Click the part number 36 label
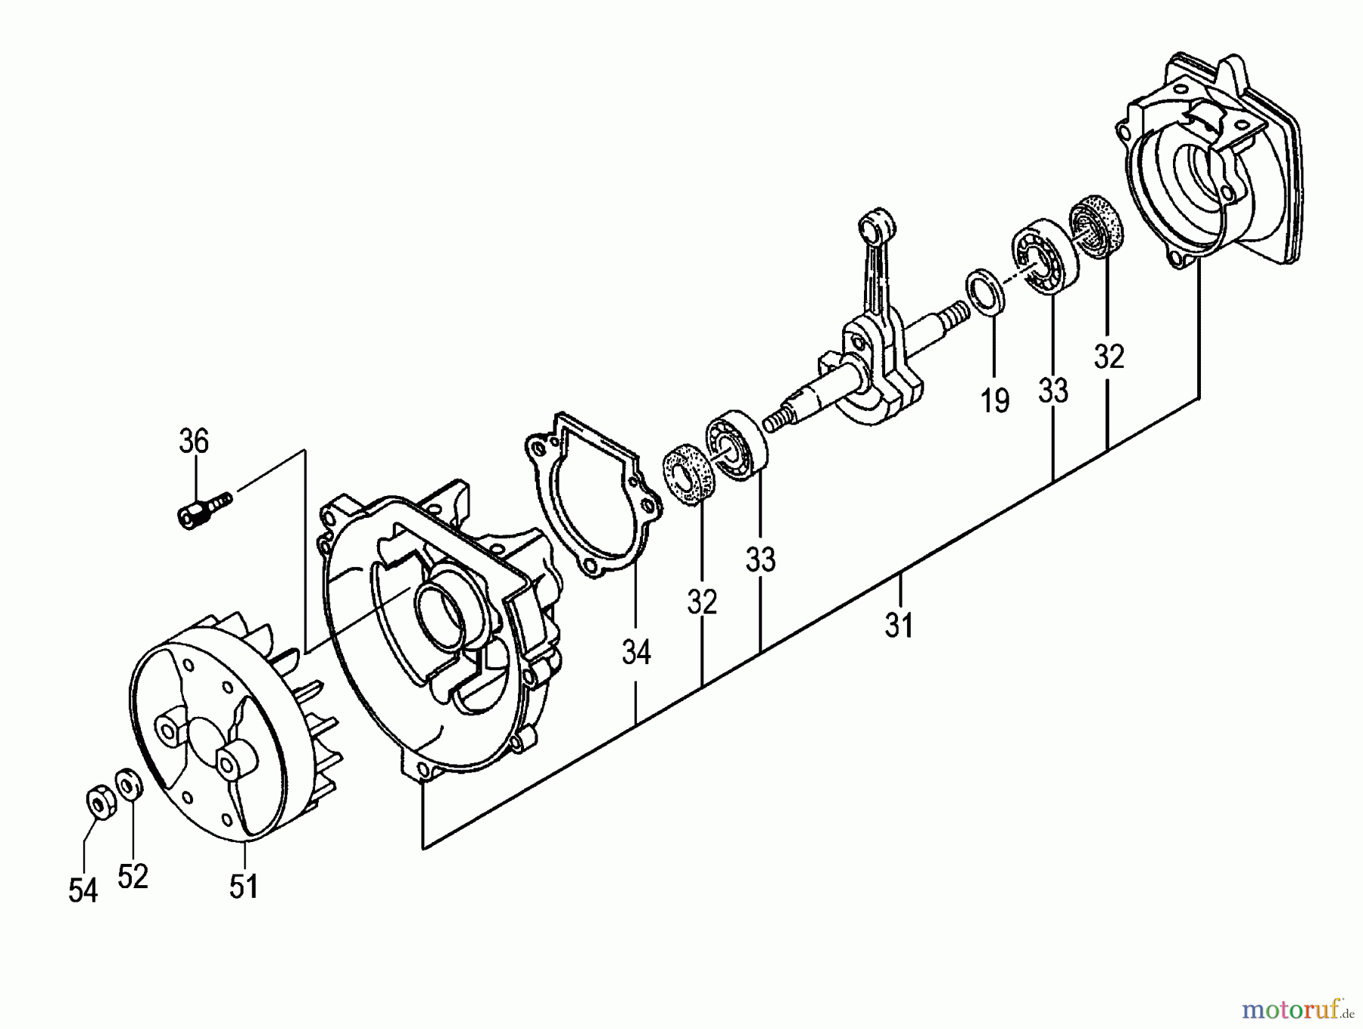pos(194,441)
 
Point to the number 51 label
pos(244,886)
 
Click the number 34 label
pos(636,652)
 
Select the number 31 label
pos(899,625)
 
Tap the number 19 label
pos(995,401)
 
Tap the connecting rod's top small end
pos(877,225)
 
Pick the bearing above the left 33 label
pos(736,445)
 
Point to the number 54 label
pos(83,890)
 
